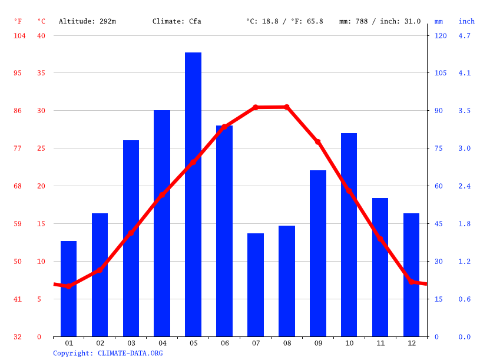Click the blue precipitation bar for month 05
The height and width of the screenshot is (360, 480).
pos(193,194)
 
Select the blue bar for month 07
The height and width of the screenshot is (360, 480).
pos(256,285)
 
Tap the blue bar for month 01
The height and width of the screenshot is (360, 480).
pos(69,289)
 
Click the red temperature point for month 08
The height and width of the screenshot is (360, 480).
pos(287,107)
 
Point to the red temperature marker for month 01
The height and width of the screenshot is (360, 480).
pos(69,286)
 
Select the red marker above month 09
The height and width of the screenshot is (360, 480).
pos(318,142)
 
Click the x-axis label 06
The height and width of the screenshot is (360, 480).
pos(224,343)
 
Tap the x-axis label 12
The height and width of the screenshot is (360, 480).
pos(411,343)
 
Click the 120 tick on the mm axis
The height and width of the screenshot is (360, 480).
pos(441,36)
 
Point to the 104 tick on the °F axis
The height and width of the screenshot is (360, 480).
pos(19,36)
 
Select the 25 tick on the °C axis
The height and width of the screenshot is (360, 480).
pos(41,148)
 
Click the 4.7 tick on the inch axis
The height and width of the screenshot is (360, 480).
pos(464,36)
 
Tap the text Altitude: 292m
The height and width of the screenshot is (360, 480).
pos(87,21)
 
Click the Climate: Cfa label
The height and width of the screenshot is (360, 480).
pos(177,21)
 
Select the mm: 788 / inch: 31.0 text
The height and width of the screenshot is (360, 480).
pos(380,21)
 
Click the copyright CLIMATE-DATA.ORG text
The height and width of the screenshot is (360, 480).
pos(108,354)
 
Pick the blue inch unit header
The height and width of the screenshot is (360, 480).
pos(466,21)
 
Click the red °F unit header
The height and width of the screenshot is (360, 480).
pos(18,21)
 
